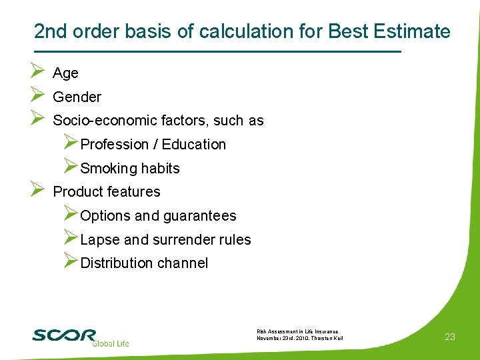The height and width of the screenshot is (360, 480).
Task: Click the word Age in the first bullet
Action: pos(65,73)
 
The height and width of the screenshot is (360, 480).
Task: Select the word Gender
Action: pos(77,97)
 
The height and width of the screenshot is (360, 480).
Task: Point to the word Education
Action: pos(194,145)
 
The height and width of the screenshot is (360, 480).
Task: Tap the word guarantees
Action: pos(199,216)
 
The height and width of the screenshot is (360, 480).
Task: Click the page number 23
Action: pos(450,337)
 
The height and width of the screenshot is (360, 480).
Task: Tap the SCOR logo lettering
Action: pos(64,335)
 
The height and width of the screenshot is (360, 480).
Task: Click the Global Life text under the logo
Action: pos(110,343)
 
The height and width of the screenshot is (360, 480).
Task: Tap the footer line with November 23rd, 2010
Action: pos(299,339)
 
